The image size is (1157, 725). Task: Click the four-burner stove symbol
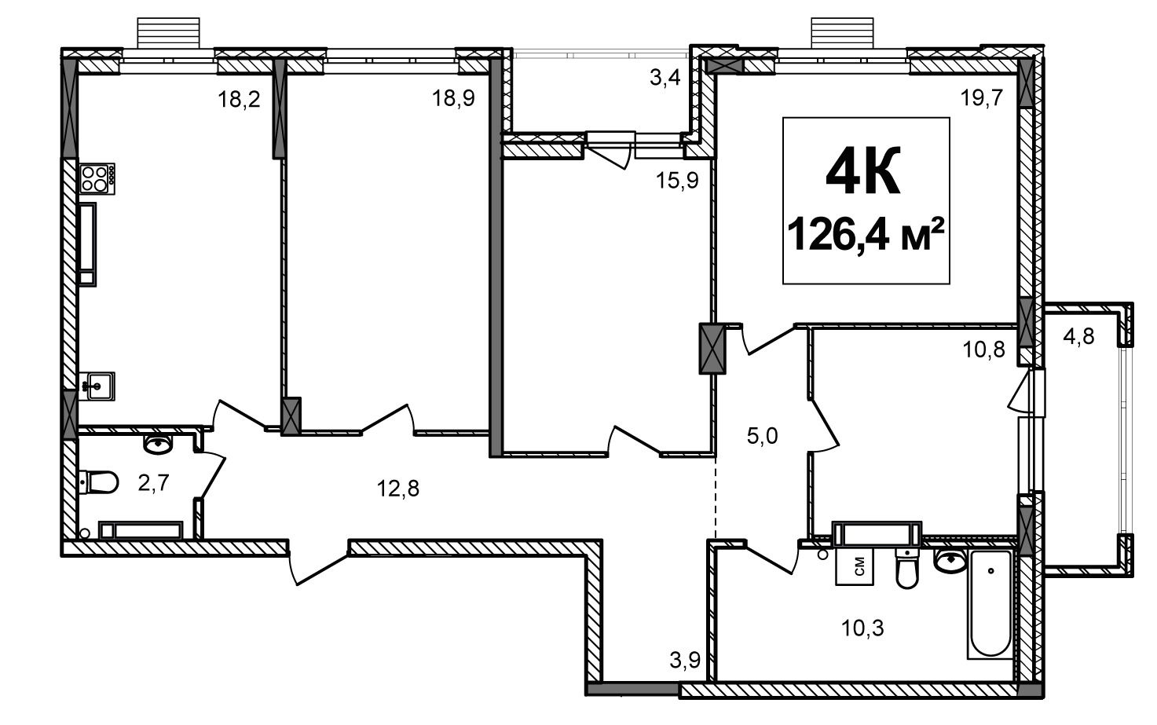pos(97,178)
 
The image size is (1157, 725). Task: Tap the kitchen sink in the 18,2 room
pos(97,386)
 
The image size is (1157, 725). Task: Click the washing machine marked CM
pos(855,566)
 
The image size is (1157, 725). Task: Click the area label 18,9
pos(453,97)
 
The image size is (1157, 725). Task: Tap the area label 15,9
pos(677,180)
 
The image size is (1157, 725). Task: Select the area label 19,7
pos(981,97)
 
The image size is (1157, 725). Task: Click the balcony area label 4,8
pos(1078,337)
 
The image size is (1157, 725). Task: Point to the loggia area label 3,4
pos(665,79)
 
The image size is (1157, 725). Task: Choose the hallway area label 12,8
pos(397,488)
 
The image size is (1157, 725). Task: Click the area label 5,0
pos(763,437)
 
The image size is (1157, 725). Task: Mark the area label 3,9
pos(685,660)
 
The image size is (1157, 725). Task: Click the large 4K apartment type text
pos(863,170)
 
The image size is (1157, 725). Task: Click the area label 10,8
pos(984,350)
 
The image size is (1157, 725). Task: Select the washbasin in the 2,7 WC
pos(158,444)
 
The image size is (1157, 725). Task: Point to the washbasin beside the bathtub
pos(950,561)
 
